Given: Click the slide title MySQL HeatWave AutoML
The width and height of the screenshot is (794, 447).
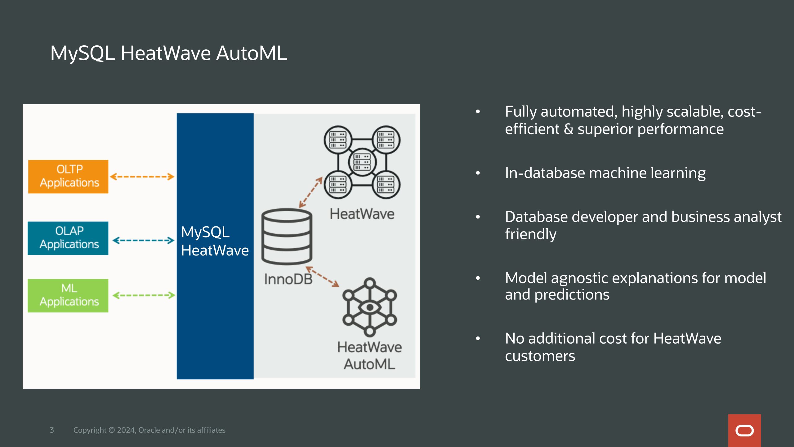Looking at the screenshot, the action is click(169, 53).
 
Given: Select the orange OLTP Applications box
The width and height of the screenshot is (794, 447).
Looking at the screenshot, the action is click(68, 177).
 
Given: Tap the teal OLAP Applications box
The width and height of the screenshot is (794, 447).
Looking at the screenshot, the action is click(68, 238).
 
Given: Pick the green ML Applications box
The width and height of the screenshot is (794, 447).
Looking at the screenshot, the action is click(68, 296).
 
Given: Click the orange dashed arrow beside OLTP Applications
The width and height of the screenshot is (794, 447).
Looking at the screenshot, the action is click(142, 177).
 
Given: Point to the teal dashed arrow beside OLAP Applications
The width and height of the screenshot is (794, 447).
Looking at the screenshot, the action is click(143, 240).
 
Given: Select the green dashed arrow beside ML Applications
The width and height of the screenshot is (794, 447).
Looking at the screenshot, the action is click(144, 295).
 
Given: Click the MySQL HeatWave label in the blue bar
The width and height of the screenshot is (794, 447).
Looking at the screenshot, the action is click(215, 241).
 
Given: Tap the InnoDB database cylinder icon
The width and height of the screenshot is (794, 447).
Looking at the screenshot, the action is click(287, 237).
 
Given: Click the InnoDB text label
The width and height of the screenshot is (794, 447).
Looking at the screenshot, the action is click(288, 279).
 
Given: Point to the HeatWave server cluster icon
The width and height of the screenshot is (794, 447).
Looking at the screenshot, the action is click(362, 162).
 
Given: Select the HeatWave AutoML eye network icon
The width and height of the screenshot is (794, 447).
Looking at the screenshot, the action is click(370, 307).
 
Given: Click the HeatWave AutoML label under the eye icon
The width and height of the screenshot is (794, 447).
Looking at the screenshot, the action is click(369, 356).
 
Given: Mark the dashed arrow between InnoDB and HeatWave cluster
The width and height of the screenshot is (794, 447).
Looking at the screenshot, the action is click(311, 192).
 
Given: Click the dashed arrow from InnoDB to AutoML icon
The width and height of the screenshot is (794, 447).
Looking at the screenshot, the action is click(323, 276).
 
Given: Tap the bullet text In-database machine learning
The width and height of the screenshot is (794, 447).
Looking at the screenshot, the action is click(605, 173).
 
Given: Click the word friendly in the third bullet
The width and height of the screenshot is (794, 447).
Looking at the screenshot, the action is click(531, 234).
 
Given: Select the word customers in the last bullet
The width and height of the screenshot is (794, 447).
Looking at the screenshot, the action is click(540, 356).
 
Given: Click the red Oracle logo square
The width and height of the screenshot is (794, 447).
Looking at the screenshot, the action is click(744, 431).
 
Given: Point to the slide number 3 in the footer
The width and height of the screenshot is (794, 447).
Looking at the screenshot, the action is click(52, 430).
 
